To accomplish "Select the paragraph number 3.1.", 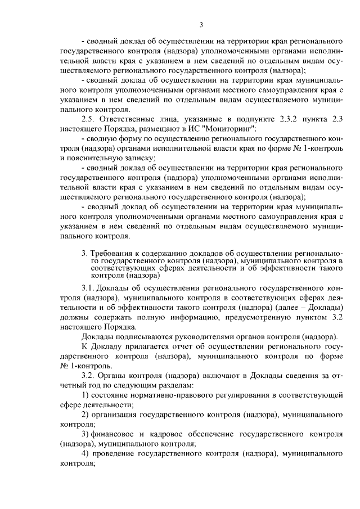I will (x=88, y=289).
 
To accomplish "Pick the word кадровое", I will (x=168, y=434).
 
